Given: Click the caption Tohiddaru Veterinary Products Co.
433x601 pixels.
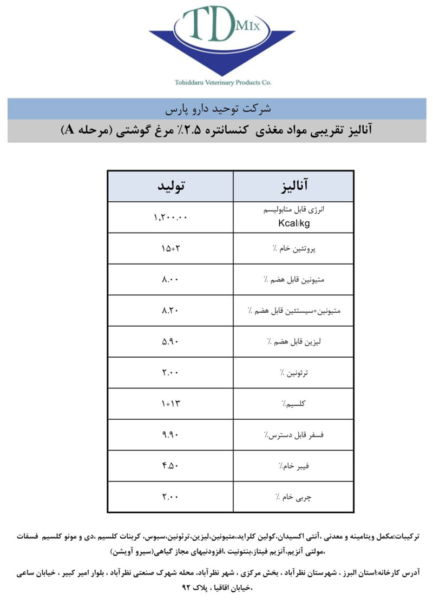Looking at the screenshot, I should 222,83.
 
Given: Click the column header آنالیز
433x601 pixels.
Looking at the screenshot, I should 294,187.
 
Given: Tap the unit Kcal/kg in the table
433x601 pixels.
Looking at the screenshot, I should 294,222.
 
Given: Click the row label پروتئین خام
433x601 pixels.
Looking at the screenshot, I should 294,249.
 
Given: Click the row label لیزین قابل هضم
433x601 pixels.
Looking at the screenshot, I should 294,342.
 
